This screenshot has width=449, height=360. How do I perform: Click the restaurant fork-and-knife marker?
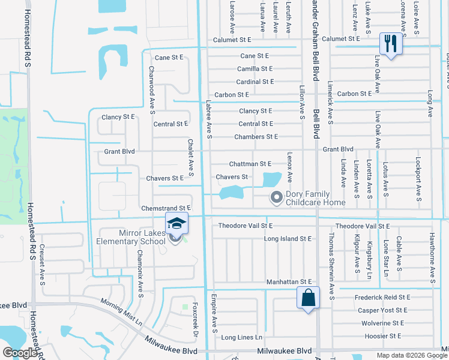coord(390,44)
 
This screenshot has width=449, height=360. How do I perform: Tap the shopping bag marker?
coord(308,298)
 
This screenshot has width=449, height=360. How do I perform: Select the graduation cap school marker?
coord(176,223)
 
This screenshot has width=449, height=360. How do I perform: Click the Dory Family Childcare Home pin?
coord(277,196)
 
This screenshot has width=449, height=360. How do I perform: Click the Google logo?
coord(20,353)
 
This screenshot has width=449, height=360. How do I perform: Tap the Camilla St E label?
coord(255,69)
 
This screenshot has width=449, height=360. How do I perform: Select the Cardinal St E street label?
coord(255,82)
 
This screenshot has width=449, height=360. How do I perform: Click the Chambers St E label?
coord(256,137)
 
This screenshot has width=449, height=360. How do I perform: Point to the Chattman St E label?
coord(250,164)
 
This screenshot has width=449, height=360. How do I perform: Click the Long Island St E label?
coord(288,239)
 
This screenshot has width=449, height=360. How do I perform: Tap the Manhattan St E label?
coord(289,281)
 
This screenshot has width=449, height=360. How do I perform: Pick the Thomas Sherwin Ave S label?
coord(331,259)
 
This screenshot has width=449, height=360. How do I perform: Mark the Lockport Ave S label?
coord(418,175)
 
